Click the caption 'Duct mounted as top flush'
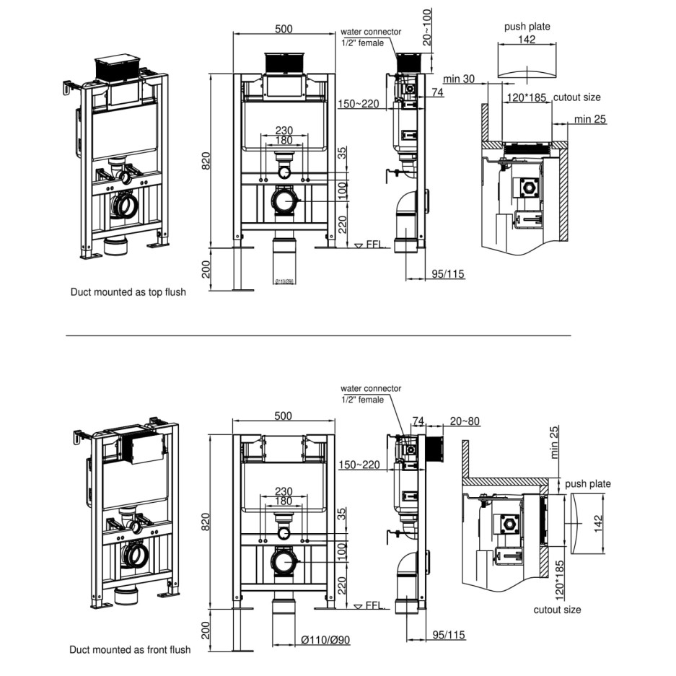(x=128, y=292)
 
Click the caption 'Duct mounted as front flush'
(x=130, y=649)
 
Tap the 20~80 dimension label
(x=465, y=421)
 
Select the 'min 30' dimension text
(x=459, y=79)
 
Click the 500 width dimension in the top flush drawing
(x=284, y=29)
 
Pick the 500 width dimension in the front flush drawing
(x=283, y=416)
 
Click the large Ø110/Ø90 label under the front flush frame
(x=325, y=640)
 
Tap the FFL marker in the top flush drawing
(x=373, y=245)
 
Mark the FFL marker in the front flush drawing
(x=373, y=605)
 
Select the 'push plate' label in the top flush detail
(x=527, y=27)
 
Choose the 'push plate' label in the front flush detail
(x=588, y=484)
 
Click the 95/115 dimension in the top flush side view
(x=447, y=273)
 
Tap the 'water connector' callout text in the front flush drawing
(x=371, y=389)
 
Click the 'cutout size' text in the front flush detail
(x=557, y=610)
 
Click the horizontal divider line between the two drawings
(x=317, y=335)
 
